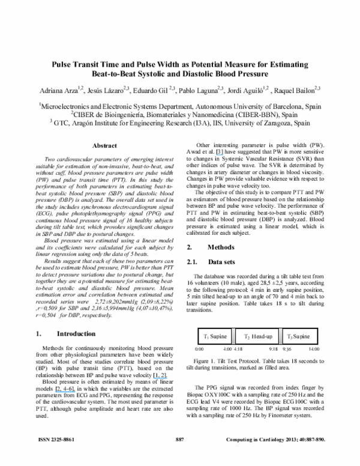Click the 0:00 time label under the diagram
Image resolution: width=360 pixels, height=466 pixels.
pyautogui.click(x=200, y=348)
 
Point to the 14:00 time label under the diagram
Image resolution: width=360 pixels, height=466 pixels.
pyautogui.click(x=314, y=348)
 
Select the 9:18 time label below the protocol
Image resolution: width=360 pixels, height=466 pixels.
pyautogui.click(x=273, y=348)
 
